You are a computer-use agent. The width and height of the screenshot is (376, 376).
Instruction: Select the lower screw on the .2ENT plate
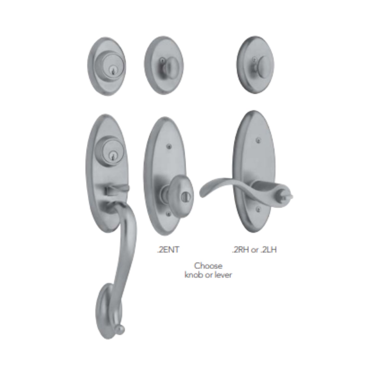tap(169, 214)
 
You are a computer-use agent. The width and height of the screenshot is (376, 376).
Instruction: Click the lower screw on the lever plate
tap(258, 208)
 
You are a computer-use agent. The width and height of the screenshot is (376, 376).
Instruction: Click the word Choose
tap(208, 266)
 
